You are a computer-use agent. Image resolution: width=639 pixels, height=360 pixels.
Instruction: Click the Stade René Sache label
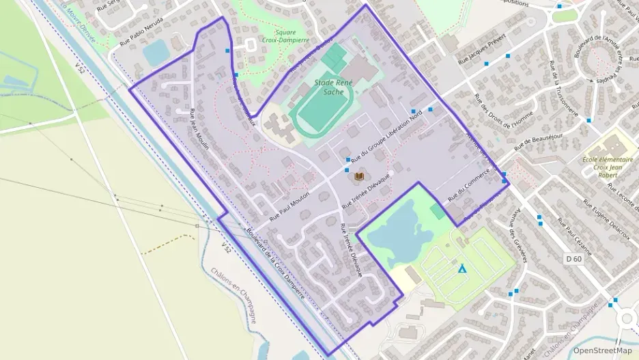coord(333,87)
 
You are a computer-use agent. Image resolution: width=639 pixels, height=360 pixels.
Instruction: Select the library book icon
coord(359,176)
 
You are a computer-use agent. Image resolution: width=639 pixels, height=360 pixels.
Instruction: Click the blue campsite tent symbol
coord(463,268)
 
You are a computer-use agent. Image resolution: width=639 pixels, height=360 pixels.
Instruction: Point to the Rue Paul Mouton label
coord(289,204)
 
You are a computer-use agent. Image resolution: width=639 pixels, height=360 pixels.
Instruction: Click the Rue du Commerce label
coord(470,187)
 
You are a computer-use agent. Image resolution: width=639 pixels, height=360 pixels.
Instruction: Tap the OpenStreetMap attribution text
coord(602,350)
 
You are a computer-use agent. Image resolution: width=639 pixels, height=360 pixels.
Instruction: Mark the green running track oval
coord(324,109)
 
